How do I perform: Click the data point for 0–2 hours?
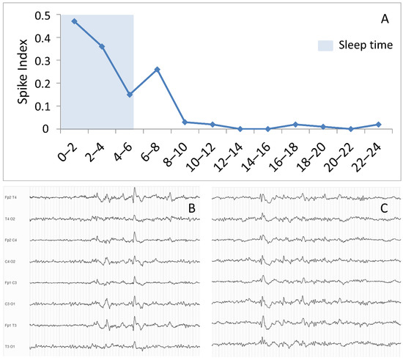point(74,21)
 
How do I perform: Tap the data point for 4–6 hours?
point(130,95)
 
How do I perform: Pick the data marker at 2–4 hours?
point(102,46)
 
